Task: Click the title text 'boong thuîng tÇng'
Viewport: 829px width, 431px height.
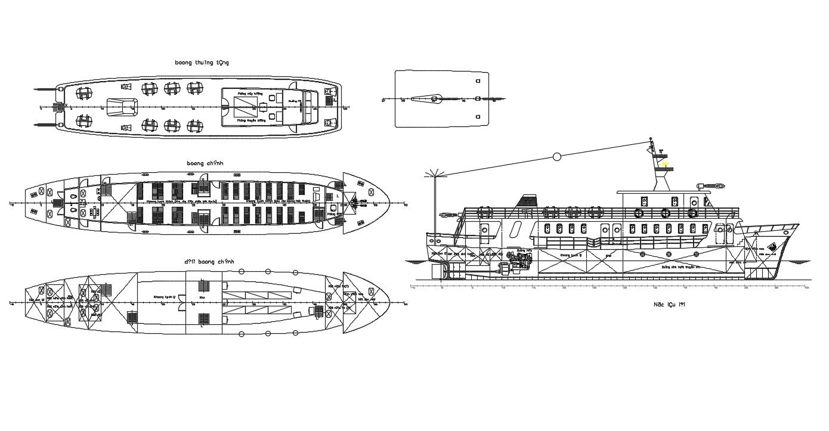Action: coord(202,62)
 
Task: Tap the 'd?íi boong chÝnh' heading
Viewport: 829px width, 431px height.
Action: coord(209,262)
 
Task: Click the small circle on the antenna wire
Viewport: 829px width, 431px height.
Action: coord(557,157)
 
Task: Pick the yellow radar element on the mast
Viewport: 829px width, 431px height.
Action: coord(664,163)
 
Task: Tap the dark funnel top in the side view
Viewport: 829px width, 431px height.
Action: coord(528,200)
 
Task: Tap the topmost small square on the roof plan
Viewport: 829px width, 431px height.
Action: coord(477,80)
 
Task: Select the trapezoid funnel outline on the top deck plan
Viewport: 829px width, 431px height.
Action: coord(123,107)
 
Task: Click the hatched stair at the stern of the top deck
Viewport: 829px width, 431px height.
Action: coord(58,107)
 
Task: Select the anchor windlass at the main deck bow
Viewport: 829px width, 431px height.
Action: coord(357,204)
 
